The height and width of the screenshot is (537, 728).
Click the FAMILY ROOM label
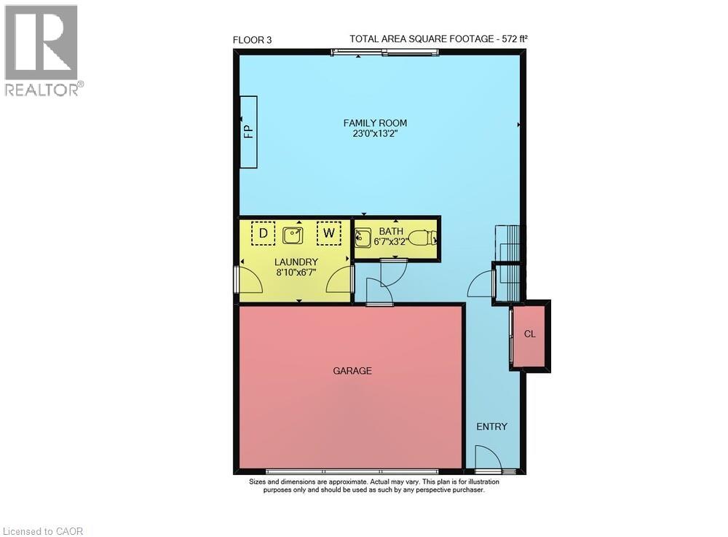pyautogui.click(x=375, y=123)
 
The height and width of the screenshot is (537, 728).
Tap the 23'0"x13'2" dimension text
pyautogui.click(x=375, y=133)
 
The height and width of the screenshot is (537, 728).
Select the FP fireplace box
pyautogui.click(x=248, y=131)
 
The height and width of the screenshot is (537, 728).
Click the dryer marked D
pyautogui.click(x=262, y=233)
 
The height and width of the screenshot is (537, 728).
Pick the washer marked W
pyautogui.click(x=329, y=233)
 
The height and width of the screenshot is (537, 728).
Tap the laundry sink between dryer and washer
pyautogui.click(x=294, y=234)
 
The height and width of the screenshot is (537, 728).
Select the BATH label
pyautogui.click(x=390, y=231)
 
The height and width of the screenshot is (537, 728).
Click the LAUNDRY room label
pyautogui.click(x=296, y=262)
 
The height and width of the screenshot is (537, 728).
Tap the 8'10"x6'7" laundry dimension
pyautogui.click(x=296, y=272)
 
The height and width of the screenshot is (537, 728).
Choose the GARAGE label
pyautogui.click(x=352, y=371)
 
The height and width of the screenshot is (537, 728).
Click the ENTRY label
pyautogui.click(x=491, y=426)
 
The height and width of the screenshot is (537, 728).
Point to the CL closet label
pyautogui.click(x=530, y=334)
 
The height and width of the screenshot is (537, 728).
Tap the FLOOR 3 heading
pyautogui.click(x=252, y=40)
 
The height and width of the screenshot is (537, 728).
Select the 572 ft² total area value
pyautogui.click(x=519, y=39)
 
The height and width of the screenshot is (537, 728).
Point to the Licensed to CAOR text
pyautogui.click(x=43, y=531)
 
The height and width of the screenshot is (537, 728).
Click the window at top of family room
pyautogui.click(x=384, y=52)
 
